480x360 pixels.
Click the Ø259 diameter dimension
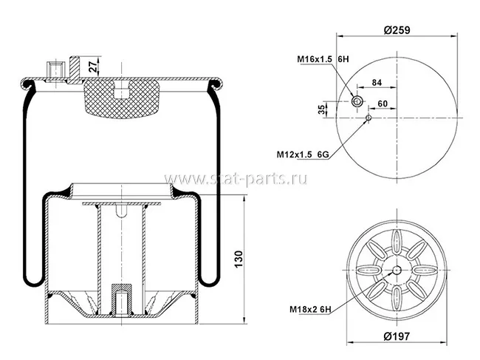coord(397,30)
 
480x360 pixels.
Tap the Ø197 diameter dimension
coord(397,336)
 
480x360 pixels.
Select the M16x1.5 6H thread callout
coord(323,59)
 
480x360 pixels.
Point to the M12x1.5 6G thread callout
coord(303,154)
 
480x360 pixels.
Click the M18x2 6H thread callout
coord(310,310)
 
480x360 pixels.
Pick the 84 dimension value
coord(377,82)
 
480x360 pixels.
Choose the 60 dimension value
coord(383,104)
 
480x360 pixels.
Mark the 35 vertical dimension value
coord(321,109)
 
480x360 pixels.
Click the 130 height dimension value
coord(239,259)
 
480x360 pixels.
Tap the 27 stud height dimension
coord(94,67)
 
